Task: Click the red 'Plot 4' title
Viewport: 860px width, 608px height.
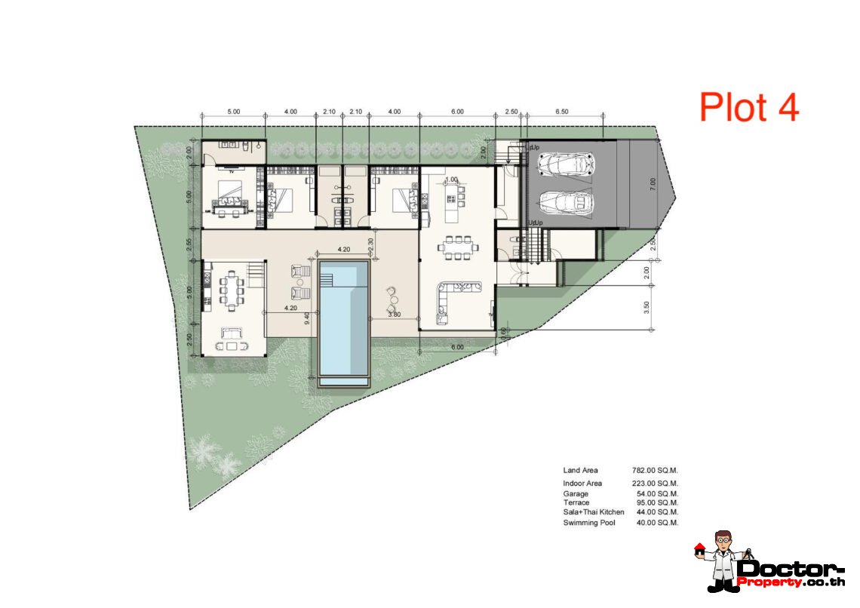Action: click(748, 107)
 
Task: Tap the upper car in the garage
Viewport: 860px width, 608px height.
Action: click(566, 164)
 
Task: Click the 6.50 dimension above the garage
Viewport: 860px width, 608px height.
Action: click(561, 111)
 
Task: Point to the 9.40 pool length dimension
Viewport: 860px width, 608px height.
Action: click(306, 318)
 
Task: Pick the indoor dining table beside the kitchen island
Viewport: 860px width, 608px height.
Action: click(457, 247)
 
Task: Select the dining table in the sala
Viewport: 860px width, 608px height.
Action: click(231, 289)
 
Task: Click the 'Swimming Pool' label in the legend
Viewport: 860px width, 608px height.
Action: click(588, 522)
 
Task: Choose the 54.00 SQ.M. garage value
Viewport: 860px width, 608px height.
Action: click(656, 494)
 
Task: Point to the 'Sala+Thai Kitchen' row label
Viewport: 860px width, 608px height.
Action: click(593, 512)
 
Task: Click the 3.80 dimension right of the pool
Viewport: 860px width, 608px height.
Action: click(394, 314)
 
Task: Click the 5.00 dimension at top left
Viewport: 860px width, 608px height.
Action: click(233, 111)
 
